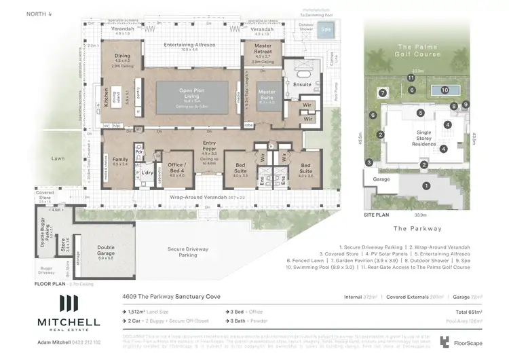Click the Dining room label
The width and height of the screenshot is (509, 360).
[121, 57]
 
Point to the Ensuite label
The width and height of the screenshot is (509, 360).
[302, 85]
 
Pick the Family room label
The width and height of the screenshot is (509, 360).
[120, 160]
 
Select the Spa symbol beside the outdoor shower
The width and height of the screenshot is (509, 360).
[327, 30]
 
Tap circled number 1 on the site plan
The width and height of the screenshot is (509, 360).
[426, 185]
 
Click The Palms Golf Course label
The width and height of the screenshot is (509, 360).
[419, 49]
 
